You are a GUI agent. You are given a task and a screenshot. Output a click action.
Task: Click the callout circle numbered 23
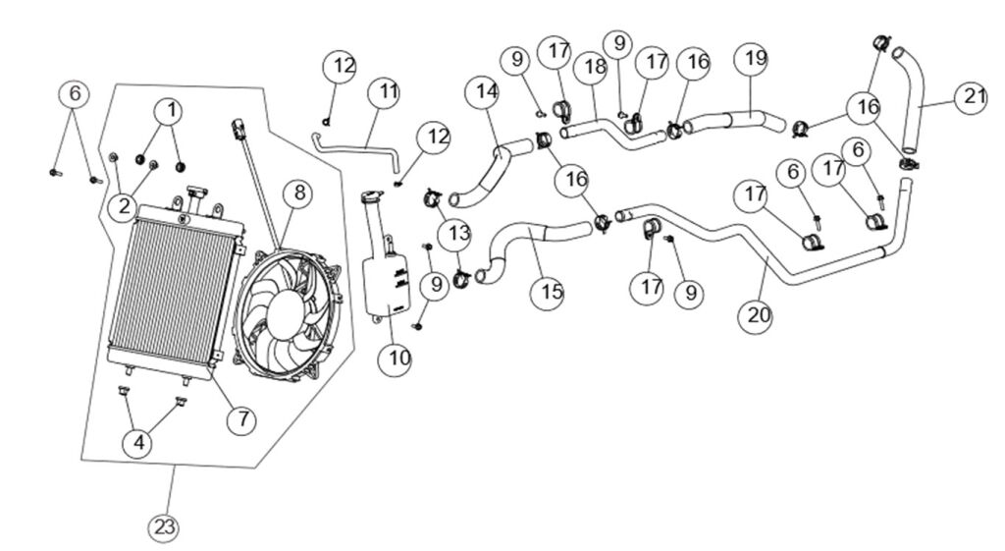point(166,527)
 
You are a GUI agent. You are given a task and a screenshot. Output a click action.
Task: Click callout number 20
point(760,316)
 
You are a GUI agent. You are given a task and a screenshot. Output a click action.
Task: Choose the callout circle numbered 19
point(756,59)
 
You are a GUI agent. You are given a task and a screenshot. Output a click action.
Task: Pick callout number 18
point(595,68)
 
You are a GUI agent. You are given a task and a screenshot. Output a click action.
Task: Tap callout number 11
point(385,93)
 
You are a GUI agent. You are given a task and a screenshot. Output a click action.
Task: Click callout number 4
point(138,443)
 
